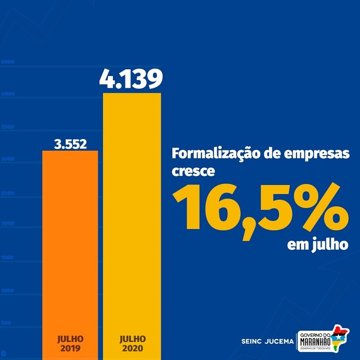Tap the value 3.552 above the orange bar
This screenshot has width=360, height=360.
[x=70, y=144]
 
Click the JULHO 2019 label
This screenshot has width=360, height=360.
[x=70, y=342]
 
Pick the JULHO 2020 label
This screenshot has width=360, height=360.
[x=133, y=342]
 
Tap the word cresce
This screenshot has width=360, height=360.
[x=193, y=171]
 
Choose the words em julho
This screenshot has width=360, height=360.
[x=318, y=245]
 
